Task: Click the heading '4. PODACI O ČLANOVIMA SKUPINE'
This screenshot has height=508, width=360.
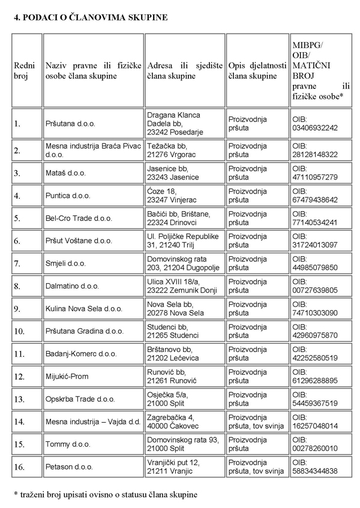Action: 91,18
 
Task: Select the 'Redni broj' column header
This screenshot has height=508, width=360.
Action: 25,70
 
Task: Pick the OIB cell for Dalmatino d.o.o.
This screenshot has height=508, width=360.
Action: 315,287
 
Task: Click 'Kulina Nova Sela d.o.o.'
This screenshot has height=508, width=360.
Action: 84,309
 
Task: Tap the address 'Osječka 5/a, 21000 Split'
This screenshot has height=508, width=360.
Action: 169,399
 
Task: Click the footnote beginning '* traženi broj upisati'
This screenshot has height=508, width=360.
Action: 105,494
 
